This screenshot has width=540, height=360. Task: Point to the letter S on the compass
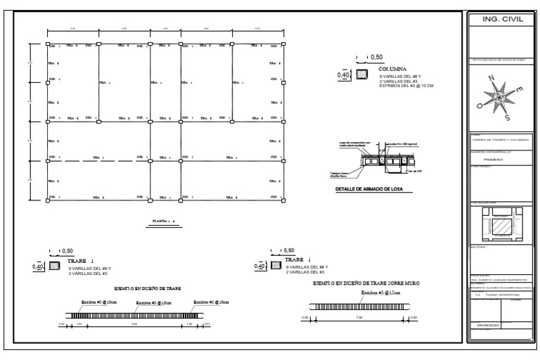click(506, 118)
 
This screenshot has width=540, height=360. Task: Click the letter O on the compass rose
click(480, 106)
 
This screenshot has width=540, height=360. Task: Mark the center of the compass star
click(500, 98)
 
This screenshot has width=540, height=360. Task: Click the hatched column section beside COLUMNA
click(363, 74)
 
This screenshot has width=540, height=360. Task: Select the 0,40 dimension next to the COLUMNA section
click(344, 74)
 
